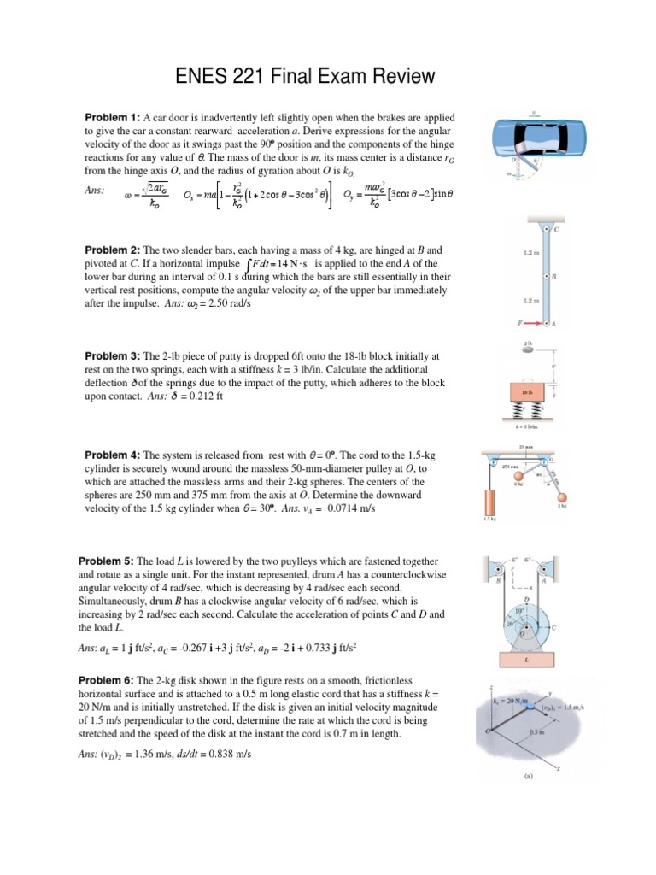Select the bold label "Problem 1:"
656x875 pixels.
click(112, 117)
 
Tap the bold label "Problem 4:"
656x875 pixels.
click(112, 455)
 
